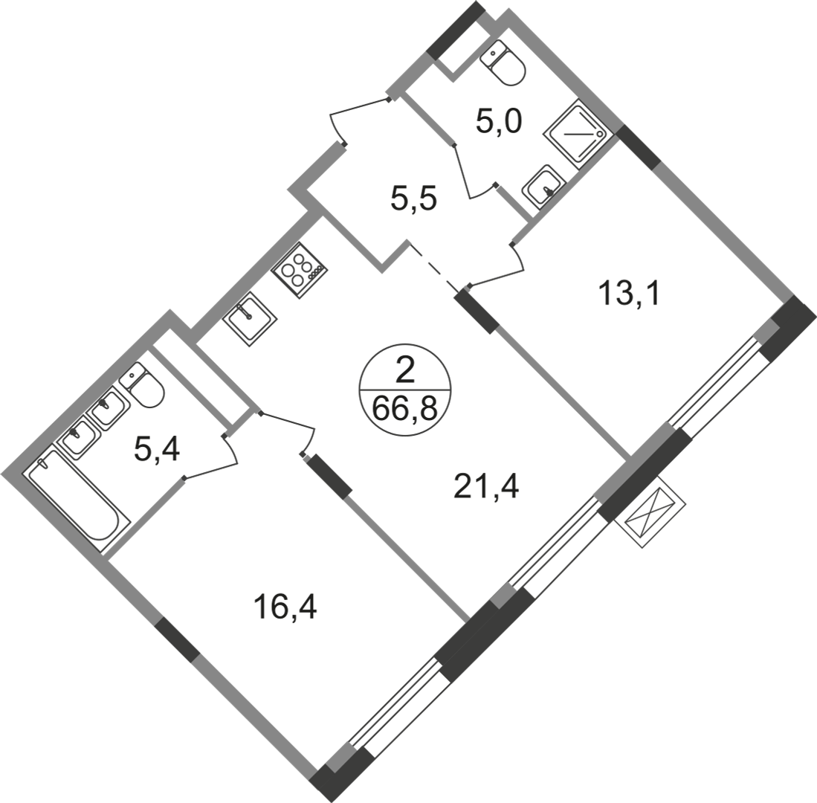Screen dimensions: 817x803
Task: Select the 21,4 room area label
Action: click(x=486, y=487)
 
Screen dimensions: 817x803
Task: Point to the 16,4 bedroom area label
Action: click(x=285, y=607)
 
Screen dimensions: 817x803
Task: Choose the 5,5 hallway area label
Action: click(x=413, y=199)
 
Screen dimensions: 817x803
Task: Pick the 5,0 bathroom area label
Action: click(x=498, y=122)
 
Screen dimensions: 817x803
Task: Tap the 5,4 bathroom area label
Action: click(x=157, y=449)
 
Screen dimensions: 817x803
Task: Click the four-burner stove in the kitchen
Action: click(x=300, y=271)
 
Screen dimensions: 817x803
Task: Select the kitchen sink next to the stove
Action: click(x=250, y=319)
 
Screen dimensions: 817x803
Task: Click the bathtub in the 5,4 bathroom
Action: click(x=78, y=500)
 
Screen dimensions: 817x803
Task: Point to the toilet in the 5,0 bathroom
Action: click(x=503, y=62)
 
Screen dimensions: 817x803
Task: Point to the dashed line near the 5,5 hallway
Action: click(x=435, y=266)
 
